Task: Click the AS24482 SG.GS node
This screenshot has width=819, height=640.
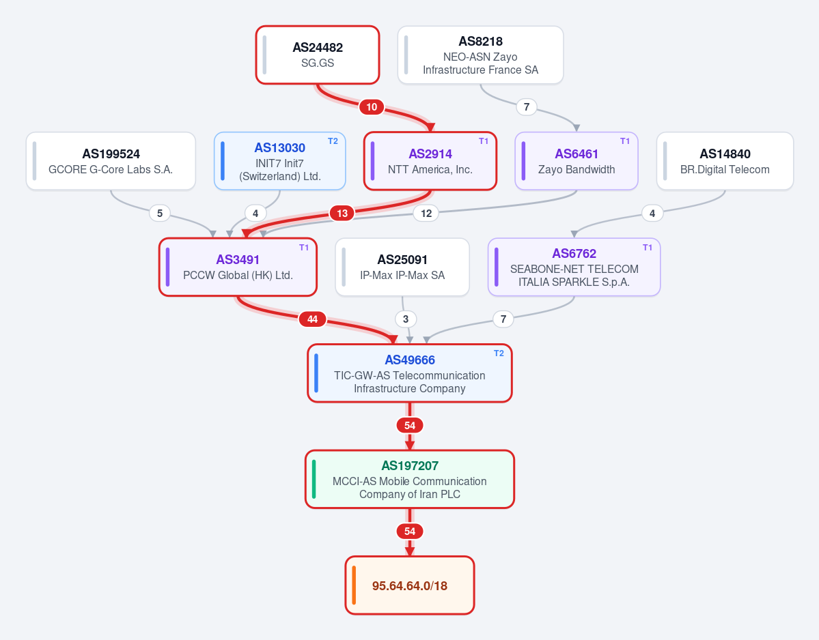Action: [318, 55]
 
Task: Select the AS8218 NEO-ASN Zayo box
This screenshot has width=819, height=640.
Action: [480, 55]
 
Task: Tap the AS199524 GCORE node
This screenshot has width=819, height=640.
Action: [111, 160]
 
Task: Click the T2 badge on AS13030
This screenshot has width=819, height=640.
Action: [333, 141]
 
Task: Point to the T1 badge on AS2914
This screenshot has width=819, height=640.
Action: [484, 141]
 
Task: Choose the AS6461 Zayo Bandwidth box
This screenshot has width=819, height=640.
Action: [577, 160]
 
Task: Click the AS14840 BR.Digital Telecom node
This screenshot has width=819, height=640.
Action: [725, 160]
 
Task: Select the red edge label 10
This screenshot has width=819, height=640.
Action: [372, 107]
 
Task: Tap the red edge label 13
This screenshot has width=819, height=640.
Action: [342, 213]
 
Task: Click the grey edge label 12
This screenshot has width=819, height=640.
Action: [426, 213]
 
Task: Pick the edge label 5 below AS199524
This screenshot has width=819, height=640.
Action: [160, 213]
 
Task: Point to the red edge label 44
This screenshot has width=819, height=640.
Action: [312, 319]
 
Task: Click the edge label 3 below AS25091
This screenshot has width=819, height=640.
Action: [406, 319]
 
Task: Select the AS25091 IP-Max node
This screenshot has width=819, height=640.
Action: [402, 267]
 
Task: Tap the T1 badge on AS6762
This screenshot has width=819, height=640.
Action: [648, 248]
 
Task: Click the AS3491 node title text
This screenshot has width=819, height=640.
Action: [238, 260]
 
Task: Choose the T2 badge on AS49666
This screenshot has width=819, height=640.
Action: [499, 353]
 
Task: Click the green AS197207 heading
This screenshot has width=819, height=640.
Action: [410, 466]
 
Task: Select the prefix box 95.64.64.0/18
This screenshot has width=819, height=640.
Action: [410, 585]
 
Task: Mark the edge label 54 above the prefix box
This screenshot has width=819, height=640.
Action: [410, 532]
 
